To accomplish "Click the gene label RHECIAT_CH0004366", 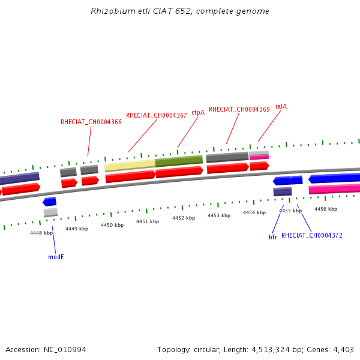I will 91,122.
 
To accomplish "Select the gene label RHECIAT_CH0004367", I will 156,115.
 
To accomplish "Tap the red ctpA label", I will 198,112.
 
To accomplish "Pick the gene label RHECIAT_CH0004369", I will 239,109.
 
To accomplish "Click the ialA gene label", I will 281,106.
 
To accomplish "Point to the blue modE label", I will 56,257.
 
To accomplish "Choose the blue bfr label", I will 273,237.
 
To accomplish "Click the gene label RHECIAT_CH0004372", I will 312,236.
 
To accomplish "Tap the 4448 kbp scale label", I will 41,233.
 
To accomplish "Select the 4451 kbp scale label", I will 148,221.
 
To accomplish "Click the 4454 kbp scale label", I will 254,212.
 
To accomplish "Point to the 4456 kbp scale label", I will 326,209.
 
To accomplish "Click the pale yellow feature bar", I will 130,164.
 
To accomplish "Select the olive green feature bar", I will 179,161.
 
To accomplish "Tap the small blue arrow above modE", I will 49,202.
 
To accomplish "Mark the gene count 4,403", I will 343,350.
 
